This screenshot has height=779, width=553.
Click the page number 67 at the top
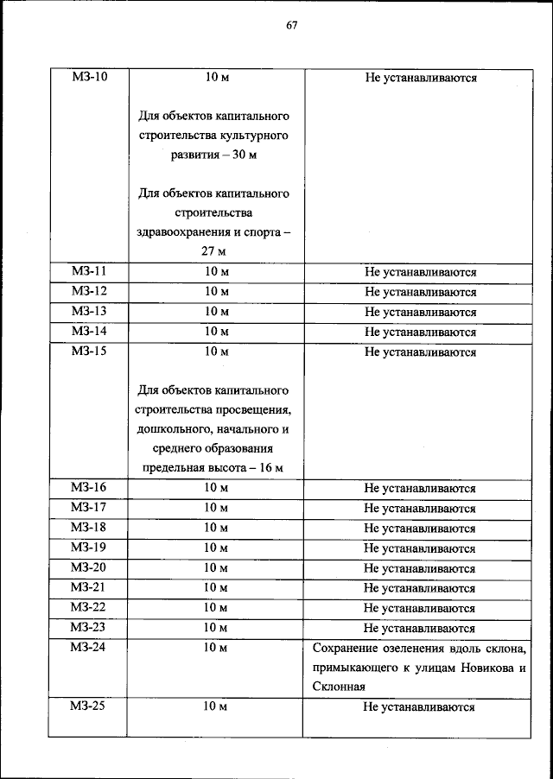291,24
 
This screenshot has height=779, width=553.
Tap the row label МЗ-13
88,312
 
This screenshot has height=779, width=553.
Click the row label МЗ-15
88,351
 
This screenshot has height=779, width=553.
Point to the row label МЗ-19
88,548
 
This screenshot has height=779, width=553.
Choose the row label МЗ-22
88,607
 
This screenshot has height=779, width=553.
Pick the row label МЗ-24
88,647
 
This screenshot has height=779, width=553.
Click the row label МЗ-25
88,706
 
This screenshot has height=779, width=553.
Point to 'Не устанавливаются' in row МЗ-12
420,292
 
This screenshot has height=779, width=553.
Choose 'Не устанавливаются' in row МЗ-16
420,488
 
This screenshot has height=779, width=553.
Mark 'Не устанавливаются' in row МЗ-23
420,627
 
